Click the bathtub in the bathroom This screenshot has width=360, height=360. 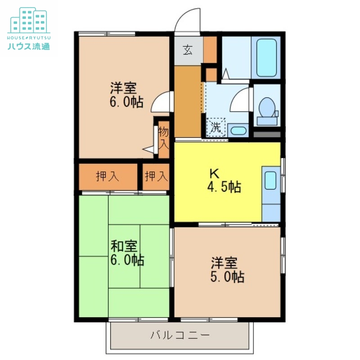pyautogui.click(x=266, y=58)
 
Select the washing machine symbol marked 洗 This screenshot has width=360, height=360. pyautogui.click(x=216, y=127)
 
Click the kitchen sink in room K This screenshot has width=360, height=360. pyautogui.click(x=270, y=180)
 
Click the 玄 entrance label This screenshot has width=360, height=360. pyautogui.click(x=188, y=50)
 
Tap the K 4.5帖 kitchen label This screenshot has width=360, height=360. pyautogui.click(x=224, y=180)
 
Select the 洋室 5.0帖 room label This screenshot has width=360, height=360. pyautogui.click(x=227, y=270)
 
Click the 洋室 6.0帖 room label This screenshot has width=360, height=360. pyautogui.click(x=126, y=94)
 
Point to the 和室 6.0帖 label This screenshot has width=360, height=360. pyautogui.click(x=127, y=253)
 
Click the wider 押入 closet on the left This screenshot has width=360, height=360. pyautogui.click(x=108, y=176)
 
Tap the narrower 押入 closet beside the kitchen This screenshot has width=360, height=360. pyautogui.click(x=156, y=176)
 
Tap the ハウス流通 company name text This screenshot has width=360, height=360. pyautogui.click(x=29, y=46)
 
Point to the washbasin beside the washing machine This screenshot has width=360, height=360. pyautogui.click(x=238, y=130)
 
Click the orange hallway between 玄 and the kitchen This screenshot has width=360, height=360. pyautogui.click(x=188, y=102)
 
